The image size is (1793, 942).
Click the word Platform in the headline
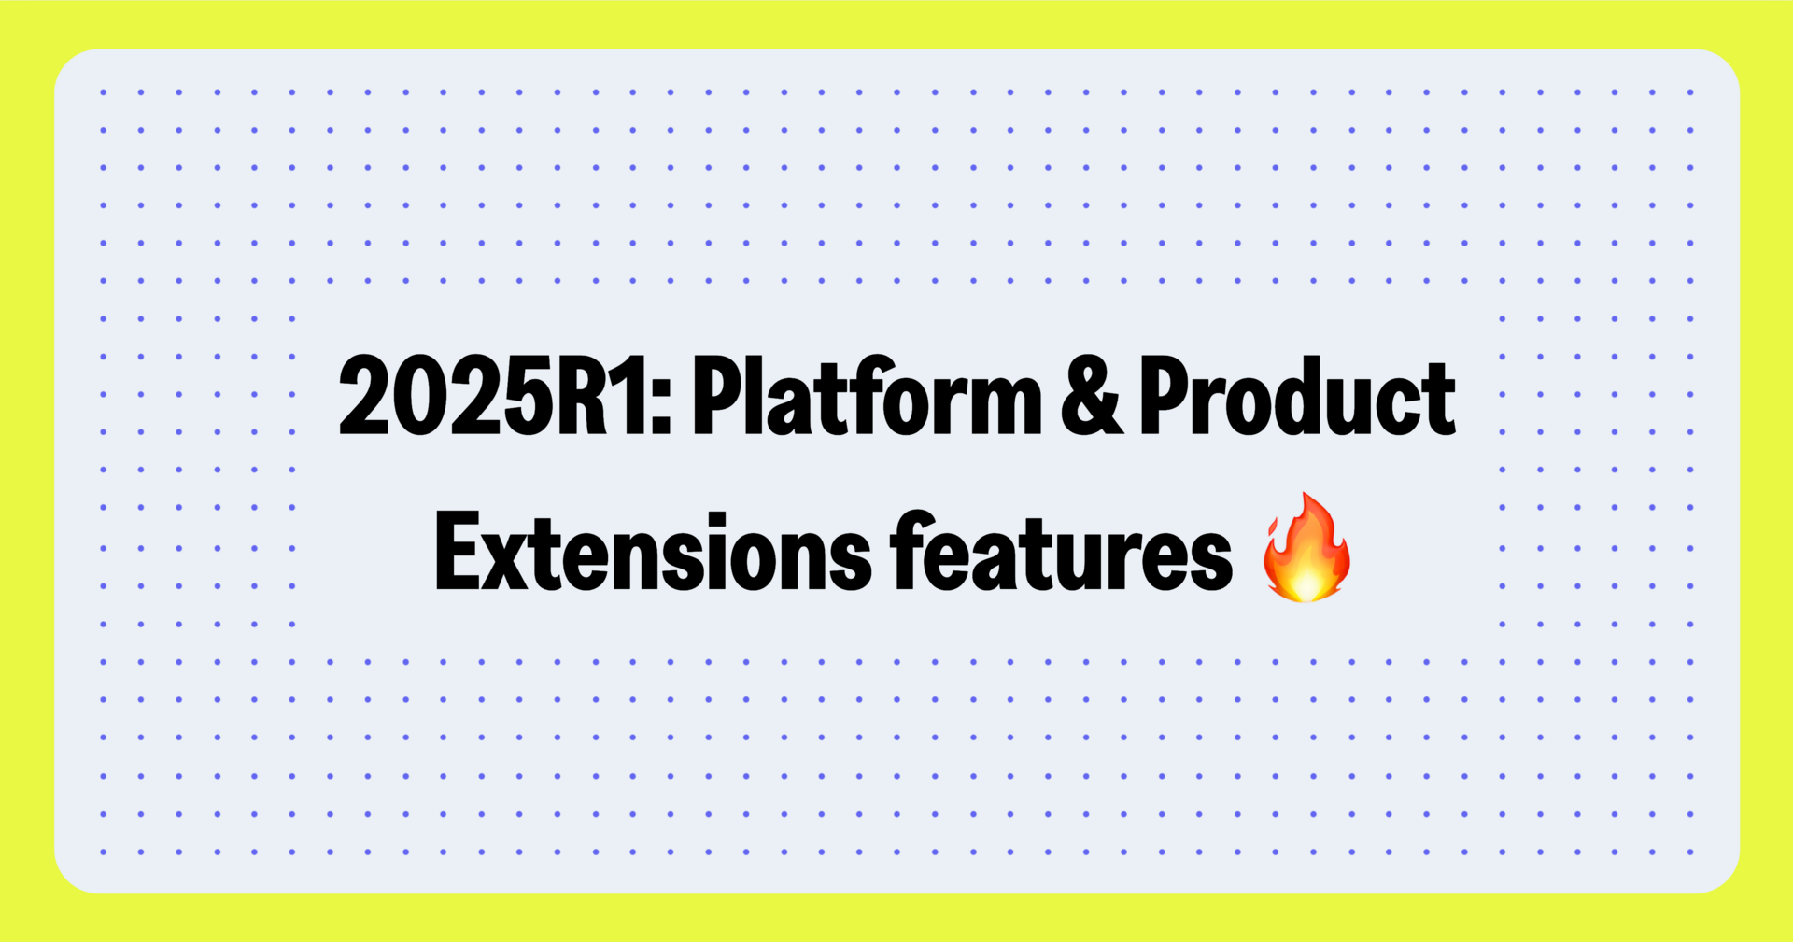[867, 398]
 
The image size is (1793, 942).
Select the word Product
[1296, 398]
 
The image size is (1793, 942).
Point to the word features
[1061, 553]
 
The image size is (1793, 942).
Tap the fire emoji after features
[1306, 549]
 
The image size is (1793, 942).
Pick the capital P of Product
[1164, 398]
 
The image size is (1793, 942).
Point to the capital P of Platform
[717, 398]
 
